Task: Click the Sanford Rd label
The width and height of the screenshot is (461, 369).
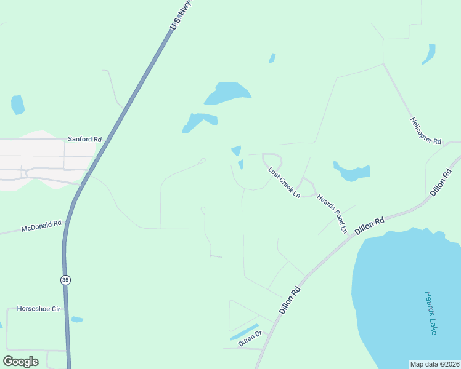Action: (84, 140)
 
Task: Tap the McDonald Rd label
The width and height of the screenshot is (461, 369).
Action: (42, 226)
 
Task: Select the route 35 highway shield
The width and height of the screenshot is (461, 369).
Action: (66, 280)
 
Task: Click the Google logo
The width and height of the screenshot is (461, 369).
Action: (20, 361)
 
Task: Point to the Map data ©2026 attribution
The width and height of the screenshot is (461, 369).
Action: (434, 364)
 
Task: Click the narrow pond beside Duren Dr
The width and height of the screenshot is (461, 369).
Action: (244, 332)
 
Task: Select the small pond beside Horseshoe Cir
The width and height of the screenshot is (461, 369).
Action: (77, 319)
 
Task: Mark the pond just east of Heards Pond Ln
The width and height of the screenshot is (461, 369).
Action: (352, 172)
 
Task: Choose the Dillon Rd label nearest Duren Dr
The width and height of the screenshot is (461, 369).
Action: (289, 300)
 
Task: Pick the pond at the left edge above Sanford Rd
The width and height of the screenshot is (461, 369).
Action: (18, 105)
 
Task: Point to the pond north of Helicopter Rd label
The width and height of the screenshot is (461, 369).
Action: (429, 54)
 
